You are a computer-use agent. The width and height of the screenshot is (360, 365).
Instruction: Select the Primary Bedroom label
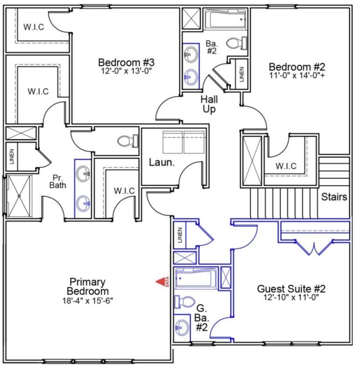tap(87, 287)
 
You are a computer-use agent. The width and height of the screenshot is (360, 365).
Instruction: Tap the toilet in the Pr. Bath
tap(127, 141)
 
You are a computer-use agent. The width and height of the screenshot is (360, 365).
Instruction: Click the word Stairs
tap(334, 197)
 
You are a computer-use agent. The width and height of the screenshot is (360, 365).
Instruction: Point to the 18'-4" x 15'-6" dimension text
tap(87, 301)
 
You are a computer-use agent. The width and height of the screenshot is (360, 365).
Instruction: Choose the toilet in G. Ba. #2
tap(184, 302)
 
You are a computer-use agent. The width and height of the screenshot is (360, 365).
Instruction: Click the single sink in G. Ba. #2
tap(182, 326)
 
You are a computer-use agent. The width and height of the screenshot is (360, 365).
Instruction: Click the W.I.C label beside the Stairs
tap(286, 166)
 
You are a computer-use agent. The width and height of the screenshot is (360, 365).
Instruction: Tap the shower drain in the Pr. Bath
tap(19, 196)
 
